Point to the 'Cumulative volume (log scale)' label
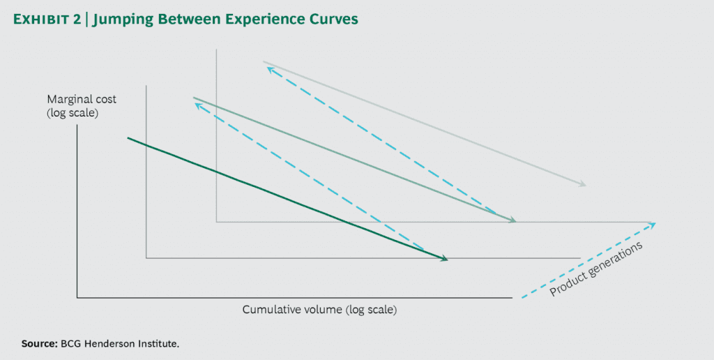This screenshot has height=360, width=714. (x=324, y=308)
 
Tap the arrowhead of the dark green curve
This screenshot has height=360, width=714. (x=443, y=259)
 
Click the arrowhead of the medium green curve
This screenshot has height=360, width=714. (x=512, y=221)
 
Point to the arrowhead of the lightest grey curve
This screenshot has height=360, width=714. (x=583, y=185)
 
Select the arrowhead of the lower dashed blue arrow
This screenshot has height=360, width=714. (x=197, y=105)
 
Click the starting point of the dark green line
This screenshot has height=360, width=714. (x=128, y=138)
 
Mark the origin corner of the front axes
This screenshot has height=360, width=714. (x=77, y=298)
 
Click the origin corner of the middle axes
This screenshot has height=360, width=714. (x=146, y=258)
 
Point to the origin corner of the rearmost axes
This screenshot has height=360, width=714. (x=216, y=222)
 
